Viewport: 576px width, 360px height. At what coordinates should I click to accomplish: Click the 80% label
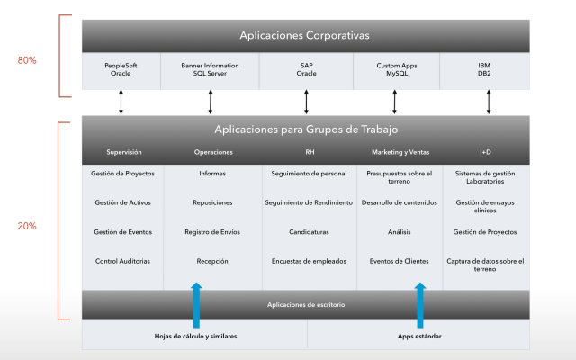(x=27, y=60)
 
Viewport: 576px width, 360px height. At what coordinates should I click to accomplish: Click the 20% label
(x=27, y=226)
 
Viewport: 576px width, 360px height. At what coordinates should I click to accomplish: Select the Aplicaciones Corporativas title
(x=305, y=36)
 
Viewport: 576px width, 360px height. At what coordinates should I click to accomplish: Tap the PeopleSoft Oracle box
(x=121, y=70)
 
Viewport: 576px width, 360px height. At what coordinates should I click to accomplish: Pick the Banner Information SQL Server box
(x=211, y=70)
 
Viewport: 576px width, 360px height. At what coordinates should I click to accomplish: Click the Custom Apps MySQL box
(x=396, y=70)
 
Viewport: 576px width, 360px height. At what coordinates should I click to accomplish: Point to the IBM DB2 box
(x=486, y=70)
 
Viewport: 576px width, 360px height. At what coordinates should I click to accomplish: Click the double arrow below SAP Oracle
(x=306, y=101)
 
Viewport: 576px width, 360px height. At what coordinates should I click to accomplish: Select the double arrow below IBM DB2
(x=489, y=101)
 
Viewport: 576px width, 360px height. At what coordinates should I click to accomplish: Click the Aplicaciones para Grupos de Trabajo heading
(x=305, y=130)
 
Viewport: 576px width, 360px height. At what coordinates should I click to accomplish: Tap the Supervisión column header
(x=124, y=152)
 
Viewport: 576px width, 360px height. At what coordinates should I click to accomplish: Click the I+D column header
(x=485, y=152)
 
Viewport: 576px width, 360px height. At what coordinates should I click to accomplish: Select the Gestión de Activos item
(x=123, y=202)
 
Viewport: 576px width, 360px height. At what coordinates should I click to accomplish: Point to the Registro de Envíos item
(x=212, y=231)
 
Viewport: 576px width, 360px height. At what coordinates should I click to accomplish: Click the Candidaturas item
(x=309, y=231)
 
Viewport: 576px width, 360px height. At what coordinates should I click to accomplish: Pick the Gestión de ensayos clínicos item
(x=485, y=206)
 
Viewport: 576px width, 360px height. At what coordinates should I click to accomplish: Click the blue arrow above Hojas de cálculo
(x=196, y=304)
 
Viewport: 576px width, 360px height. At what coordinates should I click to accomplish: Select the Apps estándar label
(x=418, y=337)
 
